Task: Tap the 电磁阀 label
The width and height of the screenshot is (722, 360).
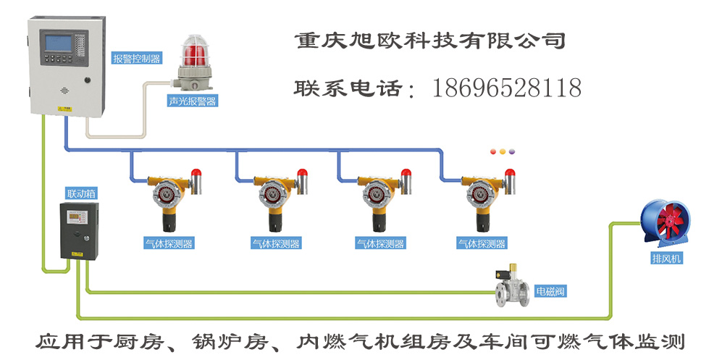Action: point(550,292)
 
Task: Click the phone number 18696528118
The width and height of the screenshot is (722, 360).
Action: point(507,88)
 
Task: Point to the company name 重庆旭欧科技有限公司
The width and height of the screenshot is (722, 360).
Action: point(430,40)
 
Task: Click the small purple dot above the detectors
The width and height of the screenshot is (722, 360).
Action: point(512,152)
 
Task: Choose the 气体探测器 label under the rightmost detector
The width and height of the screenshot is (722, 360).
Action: point(480,244)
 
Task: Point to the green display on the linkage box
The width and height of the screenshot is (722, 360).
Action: point(77,216)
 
